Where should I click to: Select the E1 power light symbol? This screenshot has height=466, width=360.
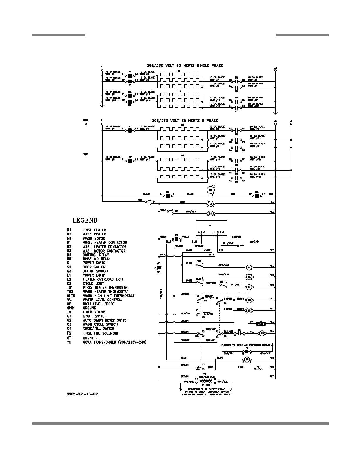(210, 203)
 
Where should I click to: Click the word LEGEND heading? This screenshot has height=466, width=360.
(85, 220)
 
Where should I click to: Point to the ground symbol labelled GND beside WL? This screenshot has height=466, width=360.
(252, 242)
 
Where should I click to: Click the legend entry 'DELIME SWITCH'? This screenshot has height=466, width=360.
(95, 271)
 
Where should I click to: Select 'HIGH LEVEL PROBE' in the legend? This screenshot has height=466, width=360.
(98, 304)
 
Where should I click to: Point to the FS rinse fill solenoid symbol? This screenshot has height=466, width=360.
(258, 368)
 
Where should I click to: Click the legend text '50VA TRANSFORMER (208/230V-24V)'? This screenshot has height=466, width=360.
(115, 342)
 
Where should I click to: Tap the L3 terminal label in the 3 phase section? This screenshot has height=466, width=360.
(291, 121)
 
